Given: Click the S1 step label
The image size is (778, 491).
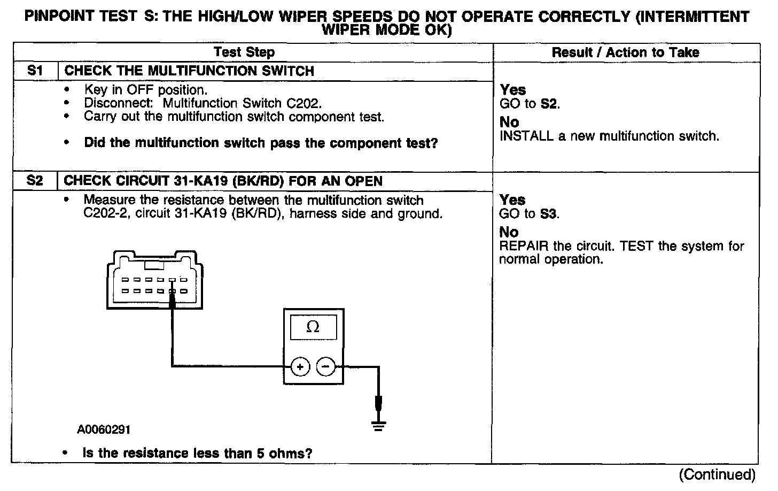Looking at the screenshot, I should click(x=35, y=71).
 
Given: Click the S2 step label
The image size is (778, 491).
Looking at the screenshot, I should click(x=35, y=181).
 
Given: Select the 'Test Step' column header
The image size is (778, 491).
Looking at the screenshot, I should click(x=244, y=52).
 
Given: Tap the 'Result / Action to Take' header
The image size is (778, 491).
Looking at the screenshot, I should click(x=625, y=52).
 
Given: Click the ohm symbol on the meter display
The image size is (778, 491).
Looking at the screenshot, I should click(x=313, y=327).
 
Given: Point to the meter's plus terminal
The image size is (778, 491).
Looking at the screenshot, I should click(x=300, y=367).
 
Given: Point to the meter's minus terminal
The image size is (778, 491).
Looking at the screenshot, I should click(x=325, y=367).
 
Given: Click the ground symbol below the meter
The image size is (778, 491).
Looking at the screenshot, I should click(x=378, y=426).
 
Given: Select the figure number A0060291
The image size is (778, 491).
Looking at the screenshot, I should click(x=103, y=429).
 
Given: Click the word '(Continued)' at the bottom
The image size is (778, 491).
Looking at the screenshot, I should click(x=717, y=475).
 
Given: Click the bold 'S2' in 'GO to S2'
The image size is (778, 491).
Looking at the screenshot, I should click(x=549, y=104).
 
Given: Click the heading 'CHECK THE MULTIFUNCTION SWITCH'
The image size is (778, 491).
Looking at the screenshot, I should click(x=189, y=71).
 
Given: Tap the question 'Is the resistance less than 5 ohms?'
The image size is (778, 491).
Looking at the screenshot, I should click(x=197, y=454).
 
